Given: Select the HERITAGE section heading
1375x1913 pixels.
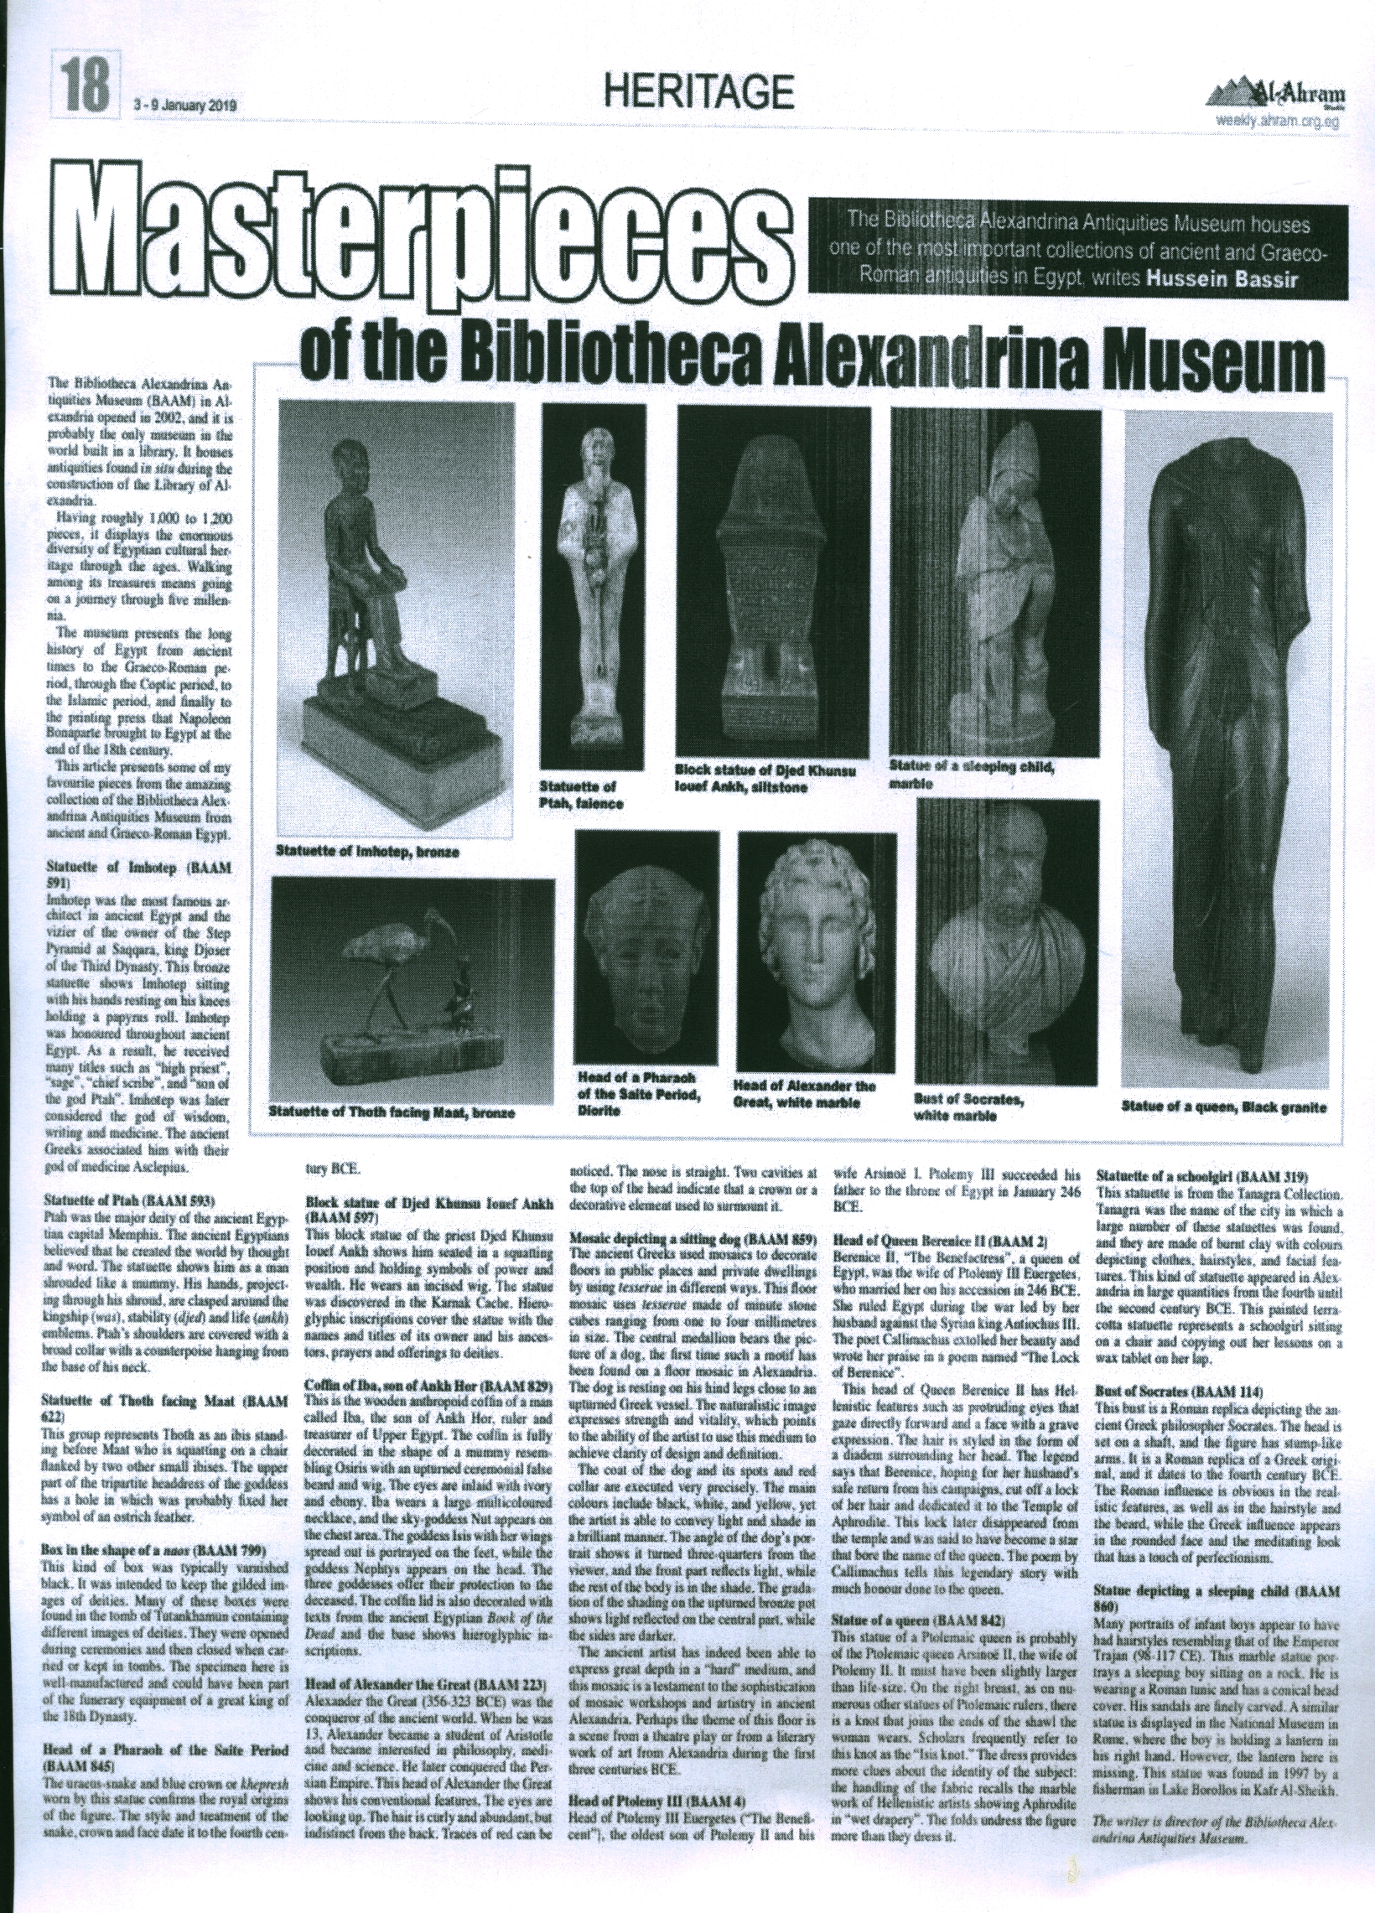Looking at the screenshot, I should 700,90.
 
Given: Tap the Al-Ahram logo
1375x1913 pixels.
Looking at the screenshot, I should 1280,91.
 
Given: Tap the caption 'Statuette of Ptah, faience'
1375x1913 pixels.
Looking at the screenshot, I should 582,795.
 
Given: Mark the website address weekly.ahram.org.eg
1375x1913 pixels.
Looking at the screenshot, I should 1277,119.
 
